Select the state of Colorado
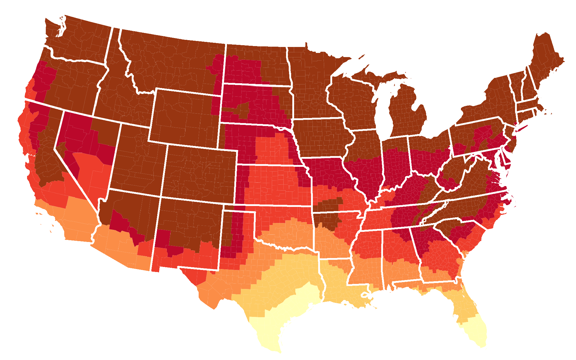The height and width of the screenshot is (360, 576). tap(199, 174)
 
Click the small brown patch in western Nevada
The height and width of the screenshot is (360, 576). tap(62, 147)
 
